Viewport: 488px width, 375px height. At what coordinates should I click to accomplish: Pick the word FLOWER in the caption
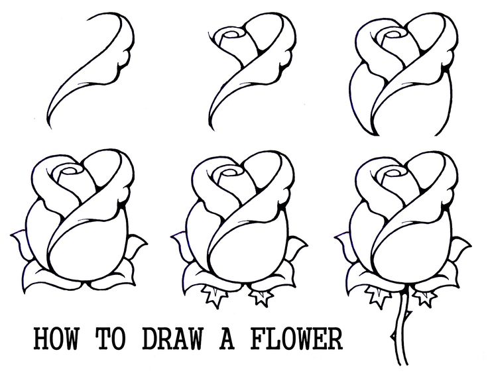coord(295,340)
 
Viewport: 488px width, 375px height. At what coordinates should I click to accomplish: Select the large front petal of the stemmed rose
coord(404,245)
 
